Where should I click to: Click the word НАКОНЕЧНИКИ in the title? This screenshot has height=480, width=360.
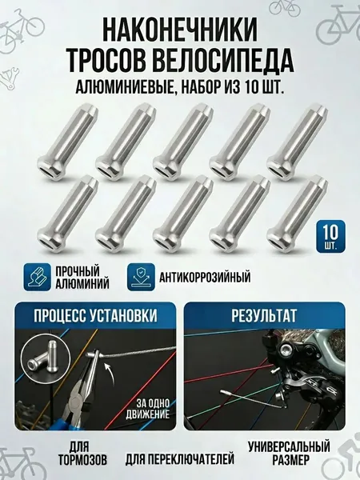tap(180, 30)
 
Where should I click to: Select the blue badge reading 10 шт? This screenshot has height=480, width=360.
tap(330, 236)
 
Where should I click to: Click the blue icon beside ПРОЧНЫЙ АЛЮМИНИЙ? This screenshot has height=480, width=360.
tap(37, 277)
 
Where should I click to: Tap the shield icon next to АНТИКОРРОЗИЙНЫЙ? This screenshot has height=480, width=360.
tap(141, 277)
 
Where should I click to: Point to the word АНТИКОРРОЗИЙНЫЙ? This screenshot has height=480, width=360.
tap(205, 277)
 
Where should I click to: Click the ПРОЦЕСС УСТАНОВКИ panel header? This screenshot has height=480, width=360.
tap(95, 316)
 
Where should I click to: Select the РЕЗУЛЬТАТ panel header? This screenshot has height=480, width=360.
tap(264, 316)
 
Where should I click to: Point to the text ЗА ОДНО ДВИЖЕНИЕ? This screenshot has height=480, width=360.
tap(147, 408)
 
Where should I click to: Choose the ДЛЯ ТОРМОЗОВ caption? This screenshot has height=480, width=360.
tap(82, 453)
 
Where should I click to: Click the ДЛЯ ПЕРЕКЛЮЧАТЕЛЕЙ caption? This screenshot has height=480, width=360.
tap(180, 459)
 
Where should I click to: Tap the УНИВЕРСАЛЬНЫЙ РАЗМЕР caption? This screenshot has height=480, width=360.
tap(290, 453)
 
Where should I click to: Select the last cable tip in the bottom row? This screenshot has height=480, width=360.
tap(298, 214)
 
